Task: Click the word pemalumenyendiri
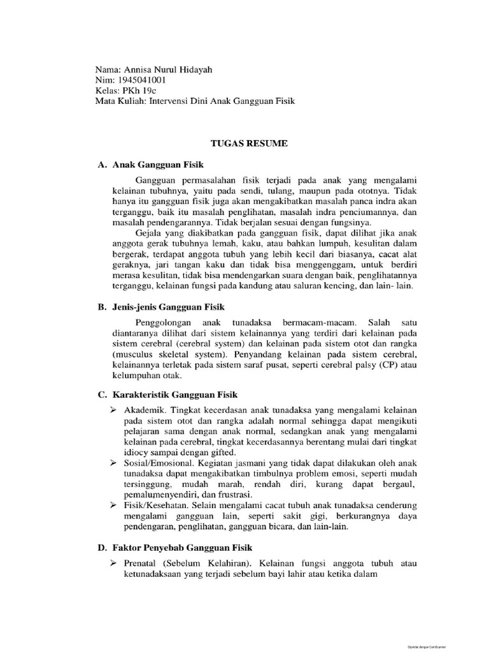click(x=160, y=494)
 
